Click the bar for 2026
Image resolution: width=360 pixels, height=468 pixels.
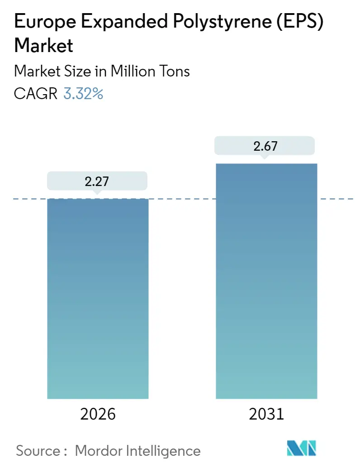tap(98, 299)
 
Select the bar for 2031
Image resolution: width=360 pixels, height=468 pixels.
tap(266, 281)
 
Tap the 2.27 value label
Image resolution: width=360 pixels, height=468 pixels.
tap(97, 181)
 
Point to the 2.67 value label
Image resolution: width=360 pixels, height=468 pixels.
tap(265, 146)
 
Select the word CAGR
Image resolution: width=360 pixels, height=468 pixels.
tap(36, 94)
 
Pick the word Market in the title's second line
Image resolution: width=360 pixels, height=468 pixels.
tap(43, 46)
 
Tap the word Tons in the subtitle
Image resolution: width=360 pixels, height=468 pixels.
tap(175, 71)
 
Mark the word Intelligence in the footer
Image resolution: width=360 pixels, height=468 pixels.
tap(163, 450)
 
